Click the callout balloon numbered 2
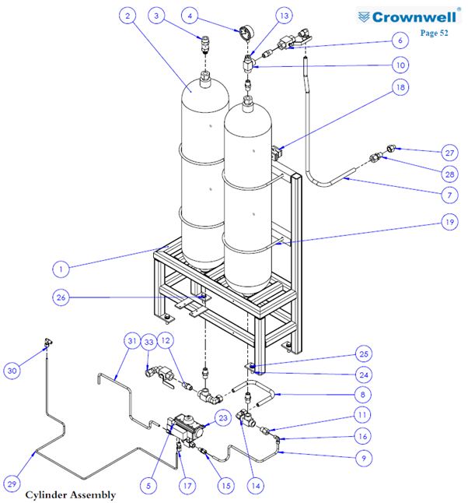point(127,16)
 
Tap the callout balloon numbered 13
point(284,16)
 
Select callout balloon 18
point(400,87)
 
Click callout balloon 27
point(449,153)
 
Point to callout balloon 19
point(449,222)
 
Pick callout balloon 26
point(61,297)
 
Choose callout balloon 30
point(12,371)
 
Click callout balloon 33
point(149,342)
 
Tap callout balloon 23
point(223,417)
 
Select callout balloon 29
point(12,484)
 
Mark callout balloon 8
point(362,394)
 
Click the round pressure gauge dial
point(246,33)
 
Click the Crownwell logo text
point(414,17)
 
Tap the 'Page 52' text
point(434,33)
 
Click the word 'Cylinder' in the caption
point(43,494)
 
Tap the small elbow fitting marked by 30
point(48,343)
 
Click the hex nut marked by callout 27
point(391,149)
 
